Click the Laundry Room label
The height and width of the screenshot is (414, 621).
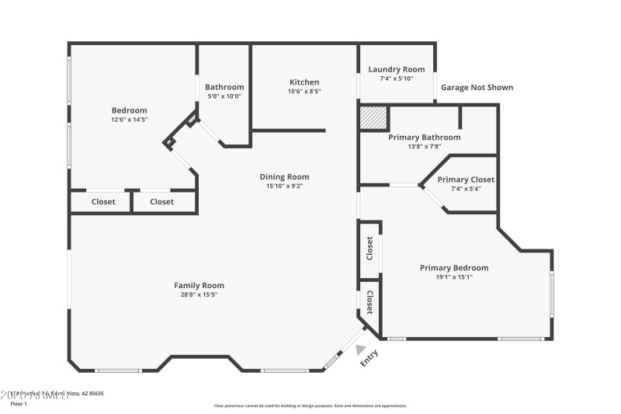point(396,70)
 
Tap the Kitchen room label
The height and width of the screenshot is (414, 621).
point(304,82)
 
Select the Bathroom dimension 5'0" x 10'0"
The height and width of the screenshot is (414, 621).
point(224,96)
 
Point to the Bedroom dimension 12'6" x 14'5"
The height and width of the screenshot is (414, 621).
point(129,120)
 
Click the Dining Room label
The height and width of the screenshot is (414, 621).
point(284,177)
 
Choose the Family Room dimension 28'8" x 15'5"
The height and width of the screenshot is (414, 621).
point(199,294)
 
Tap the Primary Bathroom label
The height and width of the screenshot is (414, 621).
point(424,137)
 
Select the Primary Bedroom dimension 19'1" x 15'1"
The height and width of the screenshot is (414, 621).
point(454,277)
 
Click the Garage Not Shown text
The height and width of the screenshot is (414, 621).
point(477,88)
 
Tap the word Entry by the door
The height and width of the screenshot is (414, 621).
point(369,359)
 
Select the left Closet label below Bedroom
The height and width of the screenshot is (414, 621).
point(103,202)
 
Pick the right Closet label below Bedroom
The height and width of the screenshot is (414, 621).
point(161,202)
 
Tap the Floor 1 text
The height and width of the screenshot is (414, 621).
point(18,404)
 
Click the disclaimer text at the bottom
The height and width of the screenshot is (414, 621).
point(310,405)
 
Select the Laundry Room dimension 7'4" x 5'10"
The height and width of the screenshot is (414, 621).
point(396,78)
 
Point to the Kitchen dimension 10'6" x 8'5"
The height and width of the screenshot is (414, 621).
point(304,91)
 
